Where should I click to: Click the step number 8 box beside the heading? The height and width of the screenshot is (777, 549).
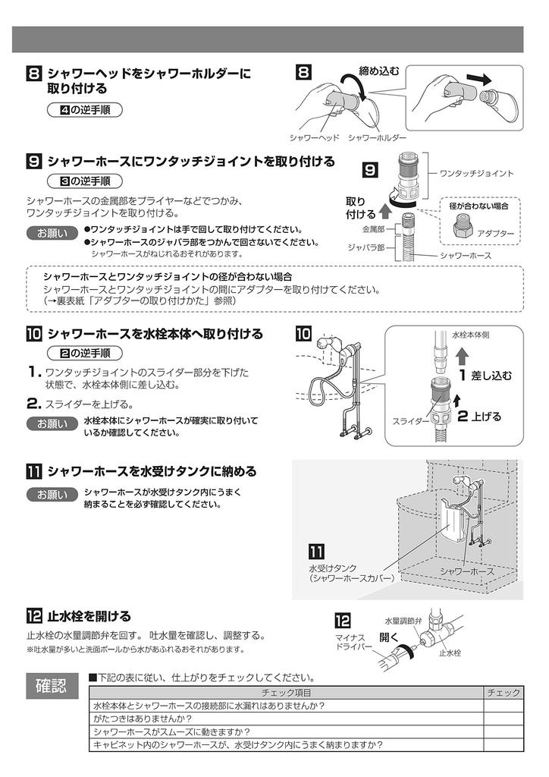[x=34, y=74]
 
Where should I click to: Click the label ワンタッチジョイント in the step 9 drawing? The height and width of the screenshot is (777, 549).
[x=477, y=174]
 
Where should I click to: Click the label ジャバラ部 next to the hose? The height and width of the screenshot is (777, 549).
[x=368, y=247]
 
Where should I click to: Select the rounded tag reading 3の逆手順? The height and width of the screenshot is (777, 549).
[x=84, y=181]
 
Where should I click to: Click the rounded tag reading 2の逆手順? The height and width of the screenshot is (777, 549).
[x=84, y=353]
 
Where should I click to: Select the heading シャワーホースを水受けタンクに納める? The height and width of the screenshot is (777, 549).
[x=152, y=471]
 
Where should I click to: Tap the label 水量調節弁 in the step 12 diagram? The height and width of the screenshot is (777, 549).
[x=403, y=620]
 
